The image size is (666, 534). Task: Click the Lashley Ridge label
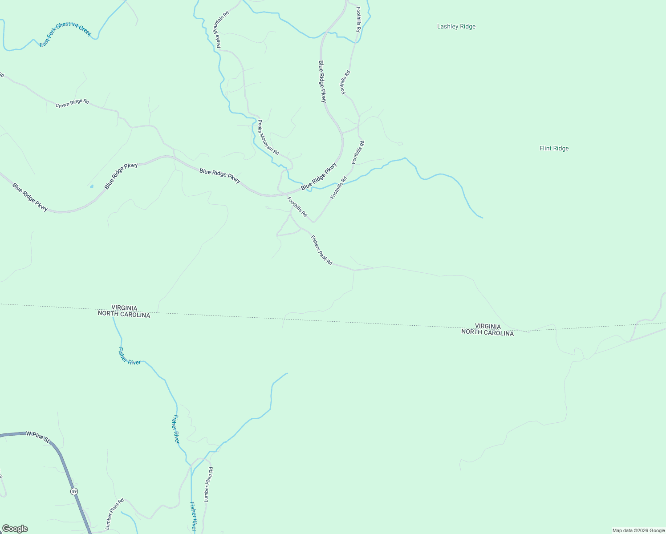coord(456,27)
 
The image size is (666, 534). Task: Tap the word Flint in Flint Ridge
coord(546,149)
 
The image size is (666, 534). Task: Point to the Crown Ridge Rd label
coord(72,103)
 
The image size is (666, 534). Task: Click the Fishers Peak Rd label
coord(321,250)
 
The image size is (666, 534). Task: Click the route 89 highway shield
coord(74,491)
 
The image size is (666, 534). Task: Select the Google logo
coord(15,529)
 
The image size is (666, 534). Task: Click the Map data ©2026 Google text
coord(638,530)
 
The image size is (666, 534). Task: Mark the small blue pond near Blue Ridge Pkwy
coord(92,186)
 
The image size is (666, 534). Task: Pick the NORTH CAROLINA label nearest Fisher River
coord(124,315)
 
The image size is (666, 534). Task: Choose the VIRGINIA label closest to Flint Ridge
coord(487,326)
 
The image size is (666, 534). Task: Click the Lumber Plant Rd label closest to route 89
coord(114,514)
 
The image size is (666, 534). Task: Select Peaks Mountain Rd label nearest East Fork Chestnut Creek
coord(223,29)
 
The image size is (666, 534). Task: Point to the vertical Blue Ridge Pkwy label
coord(322,82)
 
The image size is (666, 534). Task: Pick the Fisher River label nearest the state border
coord(129,356)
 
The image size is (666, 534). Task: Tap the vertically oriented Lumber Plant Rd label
coord(208,485)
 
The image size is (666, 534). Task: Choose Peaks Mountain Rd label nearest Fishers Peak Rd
coord(268,138)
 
